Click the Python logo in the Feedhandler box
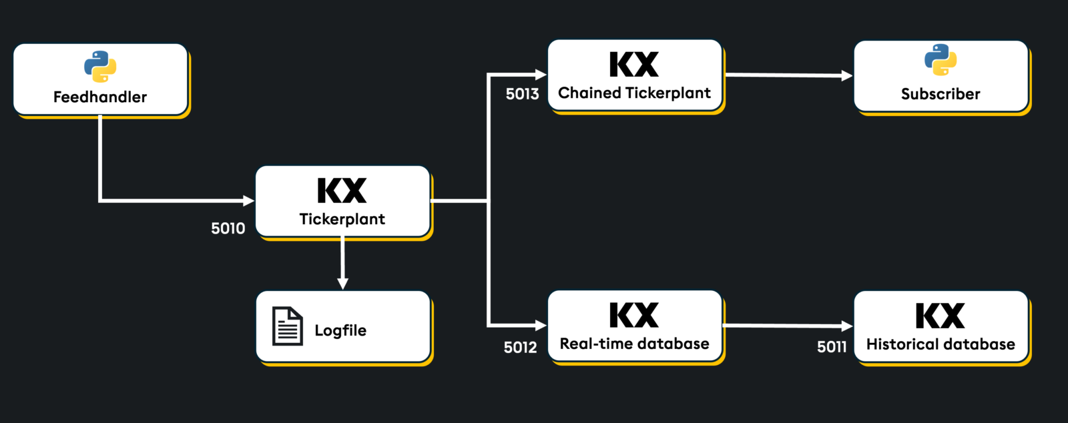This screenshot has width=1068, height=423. (100, 66)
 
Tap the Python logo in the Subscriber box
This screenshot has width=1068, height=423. (941, 60)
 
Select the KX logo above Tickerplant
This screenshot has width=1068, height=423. (342, 191)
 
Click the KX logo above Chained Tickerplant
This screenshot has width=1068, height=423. (634, 65)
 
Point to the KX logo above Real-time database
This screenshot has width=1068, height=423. (634, 316)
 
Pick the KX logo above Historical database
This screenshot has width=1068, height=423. (940, 316)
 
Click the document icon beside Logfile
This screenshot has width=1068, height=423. (288, 326)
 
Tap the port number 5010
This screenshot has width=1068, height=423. (228, 229)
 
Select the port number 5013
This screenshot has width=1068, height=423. (522, 94)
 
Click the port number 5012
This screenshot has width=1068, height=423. (520, 348)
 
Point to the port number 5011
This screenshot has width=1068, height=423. (832, 347)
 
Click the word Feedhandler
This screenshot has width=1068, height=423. (100, 97)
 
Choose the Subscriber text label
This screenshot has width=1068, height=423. (941, 94)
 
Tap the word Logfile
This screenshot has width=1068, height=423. (340, 331)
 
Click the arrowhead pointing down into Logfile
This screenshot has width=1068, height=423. (342, 284)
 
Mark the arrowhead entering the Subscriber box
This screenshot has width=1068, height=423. (847, 76)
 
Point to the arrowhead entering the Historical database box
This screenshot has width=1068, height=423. (847, 326)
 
